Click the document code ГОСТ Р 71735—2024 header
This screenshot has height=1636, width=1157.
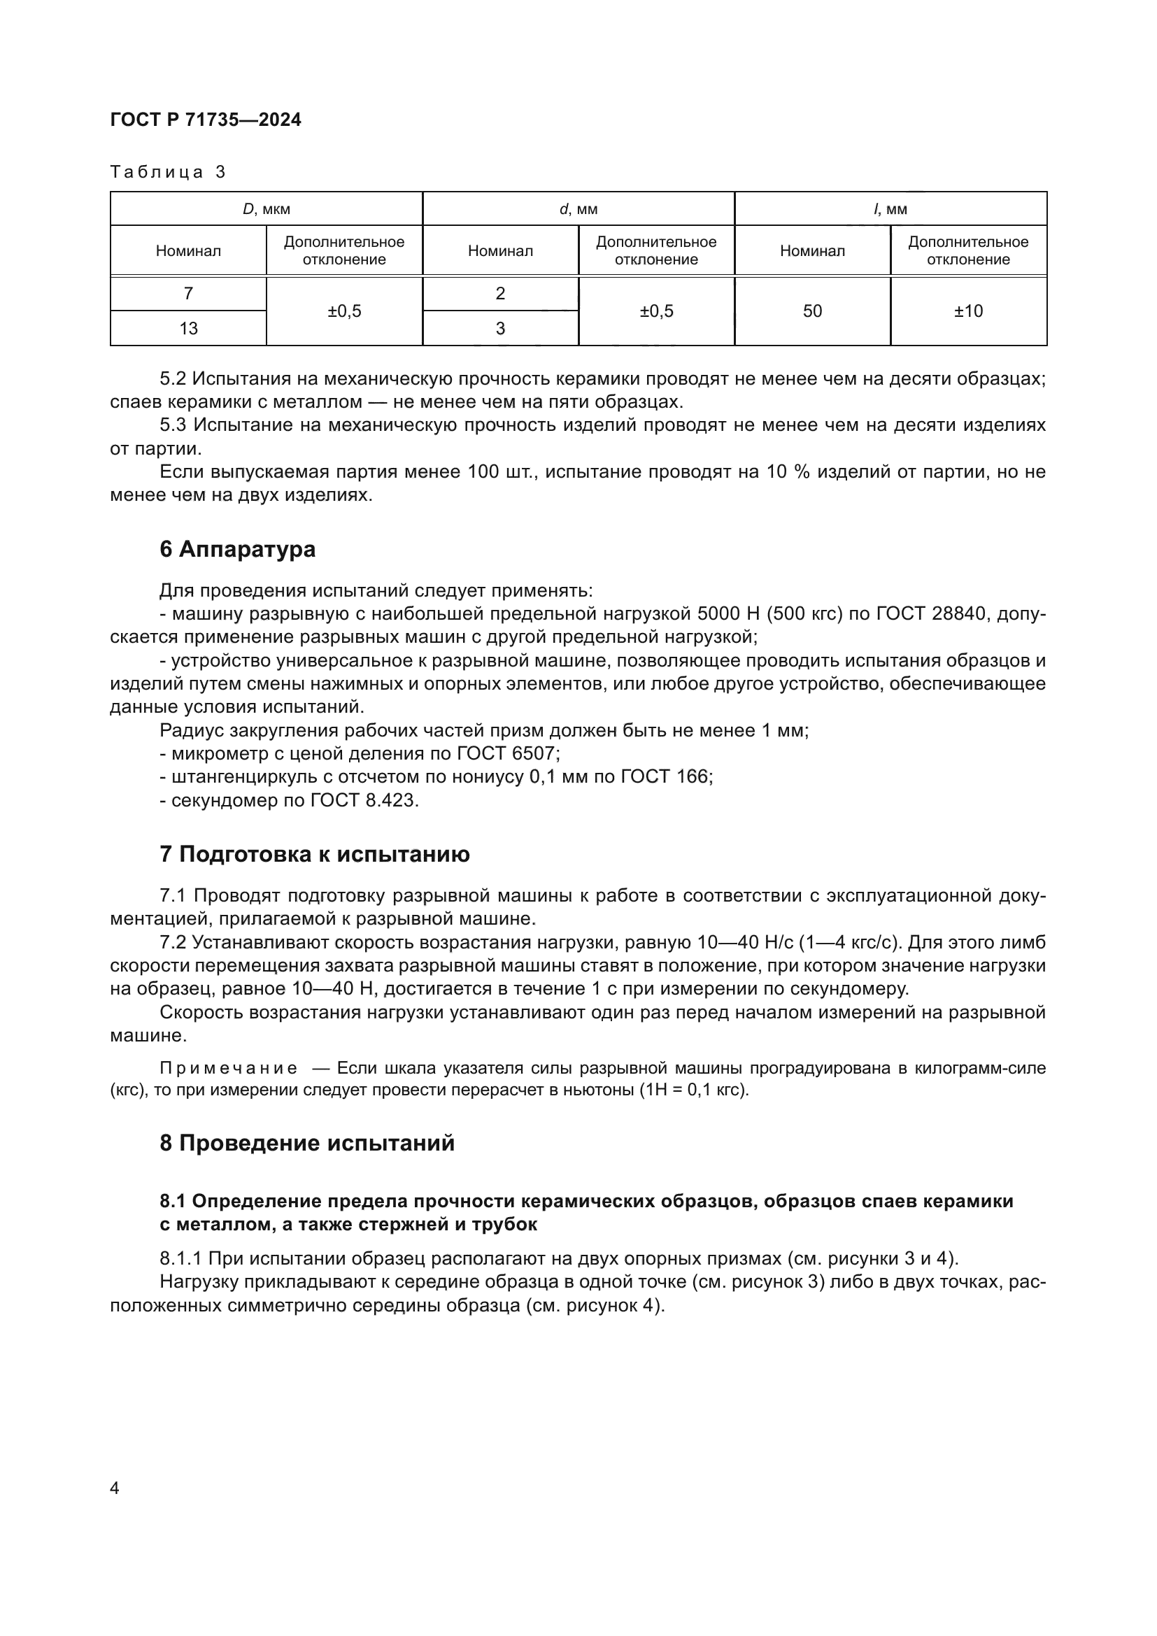pos(206,120)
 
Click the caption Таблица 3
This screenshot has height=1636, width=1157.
pos(168,172)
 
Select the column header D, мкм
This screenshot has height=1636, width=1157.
pos(267,208)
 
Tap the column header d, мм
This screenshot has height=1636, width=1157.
pos(578,208)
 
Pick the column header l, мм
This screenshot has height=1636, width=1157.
pos(890,208)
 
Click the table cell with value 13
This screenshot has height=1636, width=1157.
pos(188,328)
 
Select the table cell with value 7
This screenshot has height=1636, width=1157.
pos(188,293)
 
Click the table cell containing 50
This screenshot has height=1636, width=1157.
pos(812,311)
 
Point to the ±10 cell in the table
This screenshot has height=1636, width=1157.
pos(968,311)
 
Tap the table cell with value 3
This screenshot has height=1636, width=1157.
pos(500,328)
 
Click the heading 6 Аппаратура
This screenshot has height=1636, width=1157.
pos(237,549)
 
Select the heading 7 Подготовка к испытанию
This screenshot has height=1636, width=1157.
pos(314,854)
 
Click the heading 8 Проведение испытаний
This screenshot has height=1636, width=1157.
pos(307,1144)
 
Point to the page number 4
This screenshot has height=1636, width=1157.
pos(115,1488)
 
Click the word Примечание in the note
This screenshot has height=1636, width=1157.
pos(229,1068)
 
